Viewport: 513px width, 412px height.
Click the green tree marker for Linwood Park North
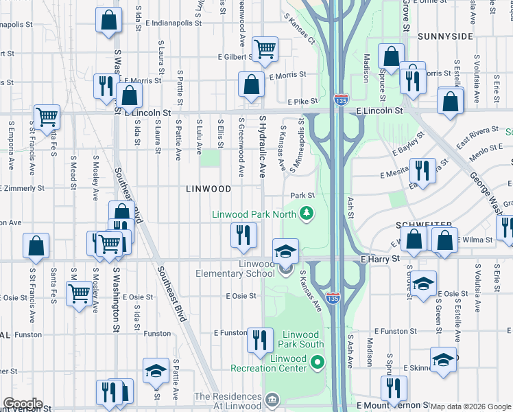[305, 215]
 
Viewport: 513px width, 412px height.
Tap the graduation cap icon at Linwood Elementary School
[285, 252]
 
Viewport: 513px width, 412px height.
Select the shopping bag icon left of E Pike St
[251, 85]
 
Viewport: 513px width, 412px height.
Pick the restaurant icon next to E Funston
[259, 341]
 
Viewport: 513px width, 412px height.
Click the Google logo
[23, 404]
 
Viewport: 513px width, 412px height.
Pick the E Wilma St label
[475, 240]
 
